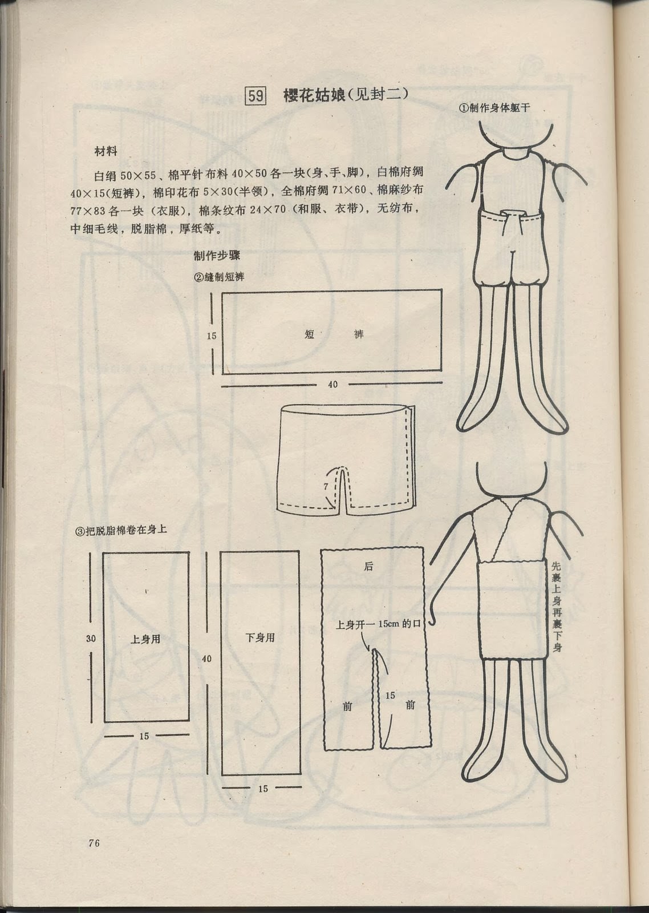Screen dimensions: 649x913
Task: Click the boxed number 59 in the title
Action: [255, 95]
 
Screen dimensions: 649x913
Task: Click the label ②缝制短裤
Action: [220, 277]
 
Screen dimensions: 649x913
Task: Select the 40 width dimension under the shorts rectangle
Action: [332, 385]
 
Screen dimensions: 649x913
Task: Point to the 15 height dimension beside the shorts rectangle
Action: [211, 336]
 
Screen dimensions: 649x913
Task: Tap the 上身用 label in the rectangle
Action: [145, 639]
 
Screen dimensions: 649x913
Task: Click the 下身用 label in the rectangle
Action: [260, 638]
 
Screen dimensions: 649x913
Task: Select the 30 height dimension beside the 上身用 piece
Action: [91, 639]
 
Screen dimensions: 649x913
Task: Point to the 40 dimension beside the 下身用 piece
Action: [206, 659]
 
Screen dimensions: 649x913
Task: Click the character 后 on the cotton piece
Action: [368, 566]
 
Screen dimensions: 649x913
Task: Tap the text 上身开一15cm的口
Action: [378, 624]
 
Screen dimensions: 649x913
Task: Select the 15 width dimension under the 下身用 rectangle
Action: [263, 789]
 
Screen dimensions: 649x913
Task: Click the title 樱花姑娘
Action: [314, 95]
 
